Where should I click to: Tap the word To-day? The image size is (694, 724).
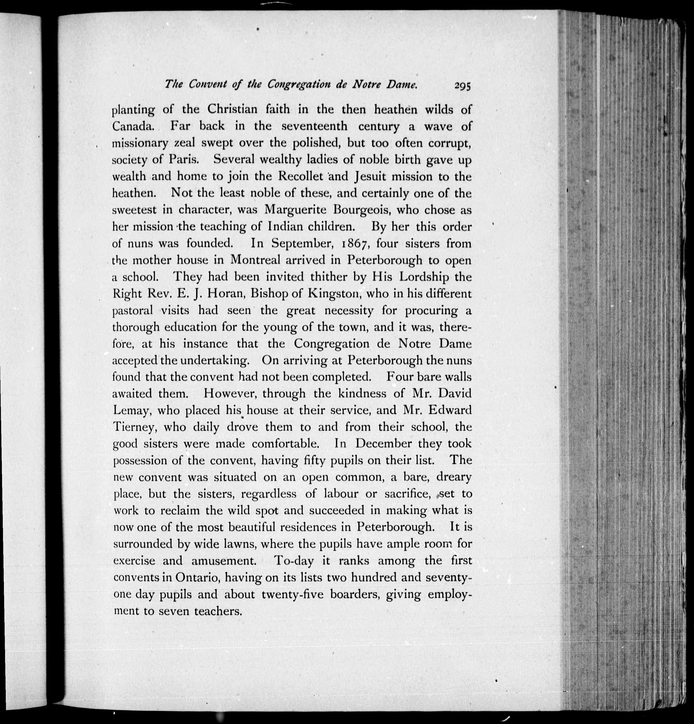coord(294,561)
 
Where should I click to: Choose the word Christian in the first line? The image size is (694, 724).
coord(232,110)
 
